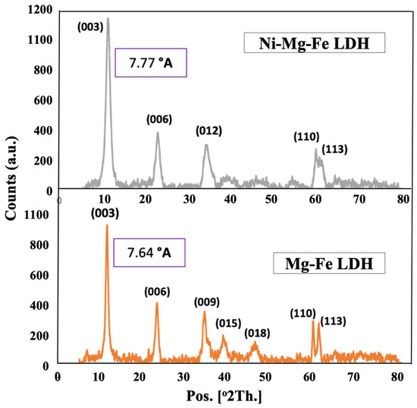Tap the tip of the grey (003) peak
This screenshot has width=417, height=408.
108,18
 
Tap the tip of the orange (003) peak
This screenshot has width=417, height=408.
107,225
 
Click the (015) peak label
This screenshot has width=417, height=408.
228,322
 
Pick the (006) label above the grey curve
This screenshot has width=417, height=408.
159,119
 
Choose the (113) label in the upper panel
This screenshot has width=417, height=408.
334,149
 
